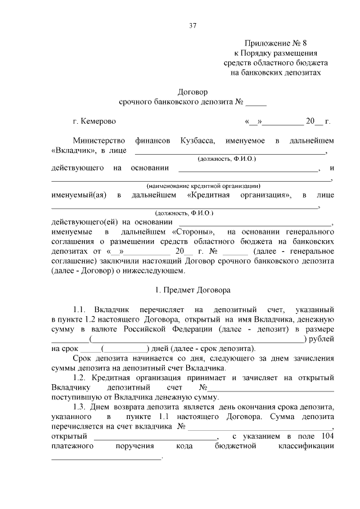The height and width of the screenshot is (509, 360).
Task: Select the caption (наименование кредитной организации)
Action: [x=203, y=186]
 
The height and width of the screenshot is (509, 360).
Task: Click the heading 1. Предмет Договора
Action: [x=192, y=291]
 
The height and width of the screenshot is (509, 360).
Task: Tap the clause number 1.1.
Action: [x=80, y=310]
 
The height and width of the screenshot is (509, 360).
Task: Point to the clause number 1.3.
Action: [x=80, y=407]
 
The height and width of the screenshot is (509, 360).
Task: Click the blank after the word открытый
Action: [x=155, y=437]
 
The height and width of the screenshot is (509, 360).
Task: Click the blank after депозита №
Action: [x=256, y=102]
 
